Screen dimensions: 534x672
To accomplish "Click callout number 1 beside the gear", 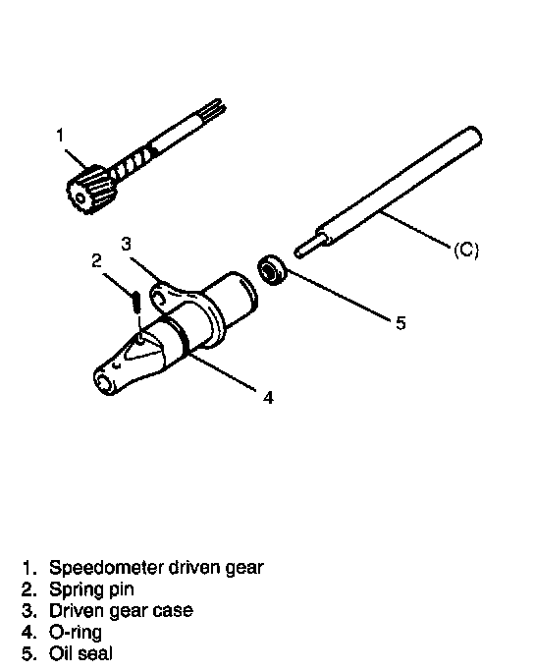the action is pos(61,136).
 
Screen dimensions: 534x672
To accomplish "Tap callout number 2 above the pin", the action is pos(97,260).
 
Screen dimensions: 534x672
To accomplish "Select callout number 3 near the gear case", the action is pos(126,244).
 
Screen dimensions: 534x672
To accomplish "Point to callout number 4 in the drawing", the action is pos(268,397).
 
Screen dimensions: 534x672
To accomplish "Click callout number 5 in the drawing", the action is pos(400,323).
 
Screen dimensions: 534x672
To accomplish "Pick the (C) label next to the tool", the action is pos(466,250).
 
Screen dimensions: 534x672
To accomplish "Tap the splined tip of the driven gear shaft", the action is pos(215,109).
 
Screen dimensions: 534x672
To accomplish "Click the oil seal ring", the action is pos(272,270).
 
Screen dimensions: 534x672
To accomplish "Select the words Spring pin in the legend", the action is pos(91,590).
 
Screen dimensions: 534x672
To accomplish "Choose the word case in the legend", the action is pos(174,611).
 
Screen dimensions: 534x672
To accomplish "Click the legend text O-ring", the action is pos(76,633).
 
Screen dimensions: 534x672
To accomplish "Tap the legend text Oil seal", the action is pos(80,653).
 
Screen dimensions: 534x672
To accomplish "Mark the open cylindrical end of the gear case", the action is pos(240,297).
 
